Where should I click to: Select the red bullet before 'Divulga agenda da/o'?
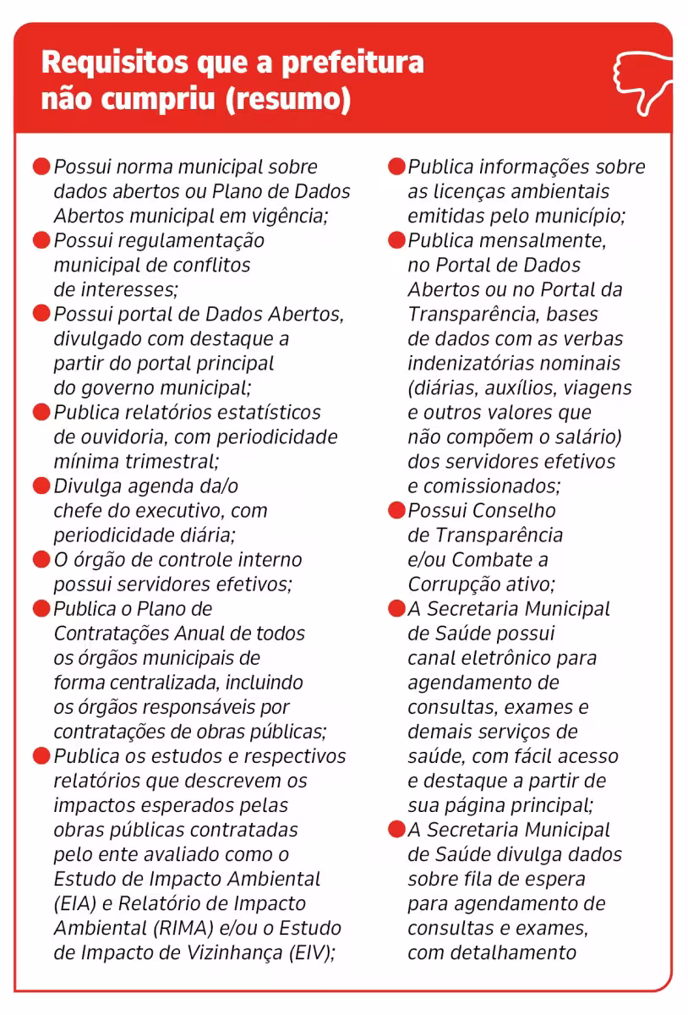[41, 486]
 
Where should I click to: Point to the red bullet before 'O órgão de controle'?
[41, 560]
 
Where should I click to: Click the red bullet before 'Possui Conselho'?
[396, 511]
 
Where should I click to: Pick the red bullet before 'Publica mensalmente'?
[396, 240]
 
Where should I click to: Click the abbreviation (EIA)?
[74, 903]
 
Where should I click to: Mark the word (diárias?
[442, 388]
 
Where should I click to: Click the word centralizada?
[170, 683]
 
